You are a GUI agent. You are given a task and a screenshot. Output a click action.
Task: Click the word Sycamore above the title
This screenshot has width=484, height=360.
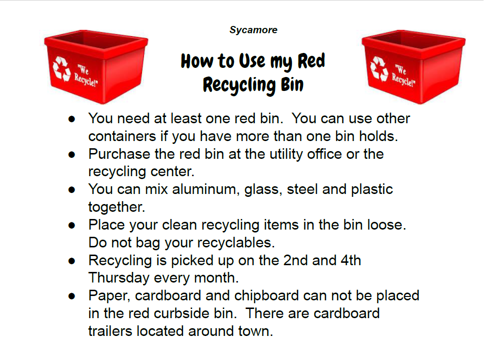pyautogui.click(x=253, y=30)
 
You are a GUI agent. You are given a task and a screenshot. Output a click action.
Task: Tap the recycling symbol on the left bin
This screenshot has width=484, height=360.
pyautogui.click(x=62, y=69)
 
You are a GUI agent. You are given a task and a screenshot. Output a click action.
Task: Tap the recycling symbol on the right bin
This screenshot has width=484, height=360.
pyautogui.click(x=379, y=68)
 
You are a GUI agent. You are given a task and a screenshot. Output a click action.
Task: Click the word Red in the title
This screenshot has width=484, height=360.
pyautogui.click(x=311, y=61)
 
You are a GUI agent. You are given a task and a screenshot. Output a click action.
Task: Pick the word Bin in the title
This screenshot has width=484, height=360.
pyautogui.click(x=292, y=85)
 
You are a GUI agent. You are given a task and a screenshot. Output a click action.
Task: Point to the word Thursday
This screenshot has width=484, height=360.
pyautogui.click(x=119, y=278)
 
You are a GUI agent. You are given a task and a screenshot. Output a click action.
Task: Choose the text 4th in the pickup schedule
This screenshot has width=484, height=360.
pyautogui.click(x=351, y=260)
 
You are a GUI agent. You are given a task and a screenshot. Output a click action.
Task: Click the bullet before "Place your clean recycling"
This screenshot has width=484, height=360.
pyautogui.click(x=72, y=226)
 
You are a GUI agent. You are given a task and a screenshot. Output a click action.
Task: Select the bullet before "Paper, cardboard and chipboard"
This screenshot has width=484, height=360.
pyautogui.click(x=72, y=296)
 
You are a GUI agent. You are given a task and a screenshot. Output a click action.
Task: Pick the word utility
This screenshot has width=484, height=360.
pyautogui.click(x=286, y=154)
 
